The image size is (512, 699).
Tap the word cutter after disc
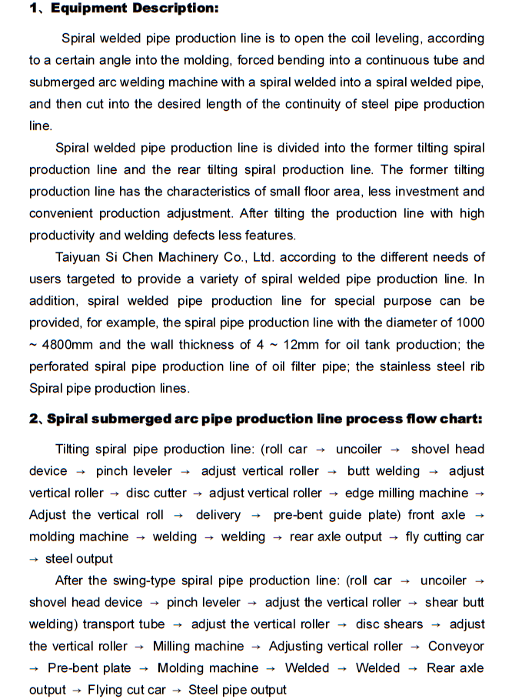(168, 493)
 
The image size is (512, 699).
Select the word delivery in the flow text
(218, 514)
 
